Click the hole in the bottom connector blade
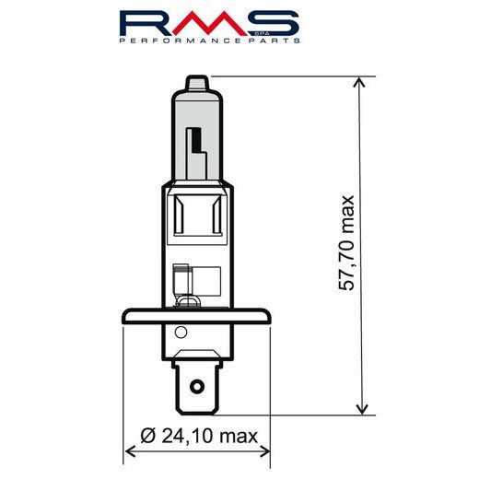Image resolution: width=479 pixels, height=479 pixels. pyautogui.click(x=194, y=379)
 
